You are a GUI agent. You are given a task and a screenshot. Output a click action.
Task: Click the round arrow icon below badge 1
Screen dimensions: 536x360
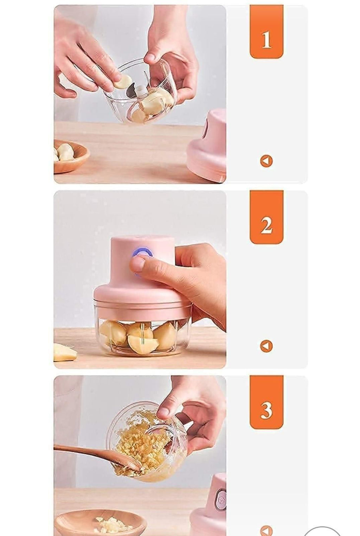click(x=266, y=161)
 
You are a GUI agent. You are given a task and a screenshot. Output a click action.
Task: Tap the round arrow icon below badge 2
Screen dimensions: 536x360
click(x=266, y=346)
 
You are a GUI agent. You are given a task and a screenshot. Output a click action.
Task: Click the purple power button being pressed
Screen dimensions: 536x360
click(x=142, y=254)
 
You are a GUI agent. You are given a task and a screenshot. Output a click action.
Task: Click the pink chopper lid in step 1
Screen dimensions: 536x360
click(x=207, y=148)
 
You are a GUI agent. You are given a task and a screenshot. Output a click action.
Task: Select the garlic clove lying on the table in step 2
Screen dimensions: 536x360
click(x=65, y=352)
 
